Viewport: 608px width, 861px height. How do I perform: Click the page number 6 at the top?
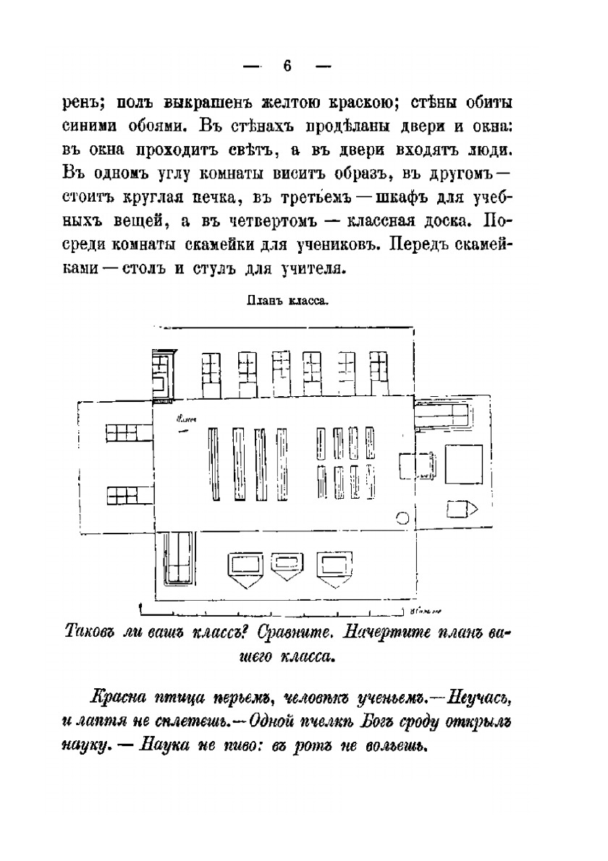(287, 66)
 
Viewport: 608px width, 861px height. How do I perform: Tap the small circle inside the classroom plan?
(403, 517)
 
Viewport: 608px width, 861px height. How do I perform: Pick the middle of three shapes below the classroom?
(287, 564)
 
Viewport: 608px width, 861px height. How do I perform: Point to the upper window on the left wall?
(122, 432)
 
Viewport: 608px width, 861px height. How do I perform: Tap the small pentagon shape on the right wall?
(459, 509)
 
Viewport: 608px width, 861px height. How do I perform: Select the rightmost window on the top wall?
(379, 372)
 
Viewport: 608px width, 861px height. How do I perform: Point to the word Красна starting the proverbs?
(118, 698)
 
